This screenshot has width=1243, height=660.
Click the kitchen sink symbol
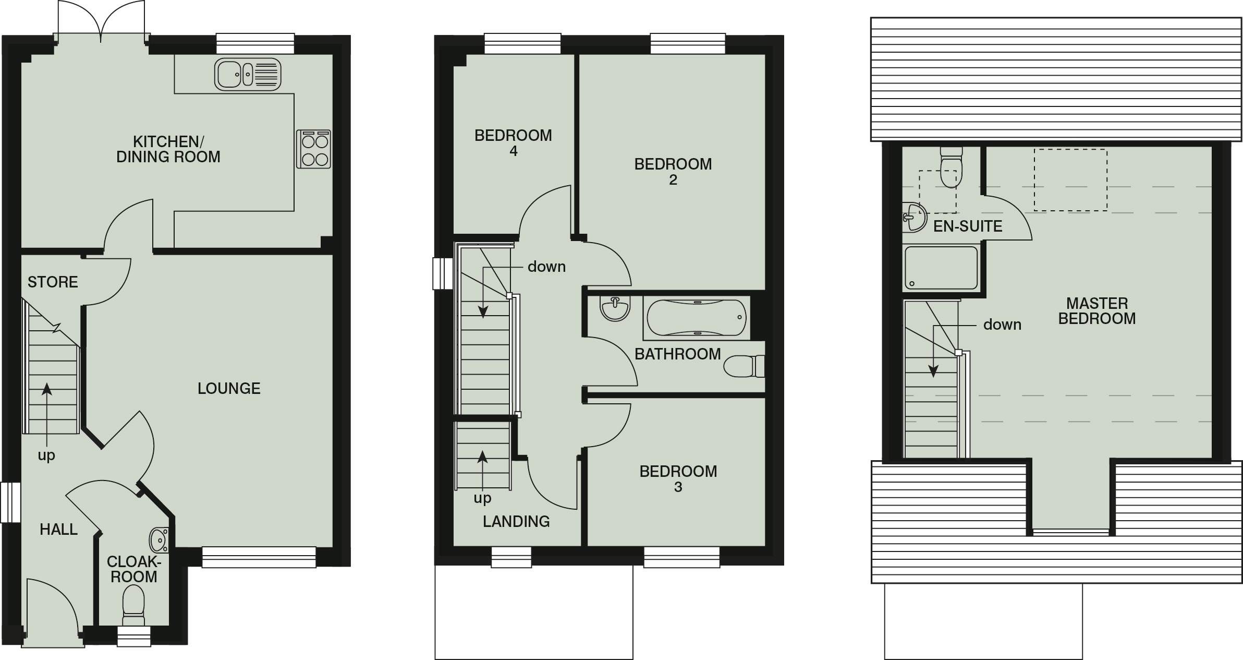pyautogui.click(x=248, y=74)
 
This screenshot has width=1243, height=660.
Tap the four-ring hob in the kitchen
pyautogui.click(x=313, y=149)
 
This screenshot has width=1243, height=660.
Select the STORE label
pyautogui.click(x=53, y=282)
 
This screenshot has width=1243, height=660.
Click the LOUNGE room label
pyautogui.click(x=229, y=388)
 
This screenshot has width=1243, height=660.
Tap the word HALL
pyautogui.click(x=58, y=530)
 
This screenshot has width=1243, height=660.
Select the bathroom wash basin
pyautogui.click(x=615, y=308)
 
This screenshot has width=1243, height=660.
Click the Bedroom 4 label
pyautogui.click(x=513, y=143)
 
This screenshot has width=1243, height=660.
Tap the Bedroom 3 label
pyautogui.click(x=678, y=479)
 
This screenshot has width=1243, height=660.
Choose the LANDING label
pyautogui.click(x=516, y=521)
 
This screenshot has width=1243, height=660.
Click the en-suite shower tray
pyautogui.click(x=941, y=268)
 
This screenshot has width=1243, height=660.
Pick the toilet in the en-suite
pyautogui.click(x=950, y=166)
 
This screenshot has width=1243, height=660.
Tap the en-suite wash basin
pyautogui.click(x=914, y=217)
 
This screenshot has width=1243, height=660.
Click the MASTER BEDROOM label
pyautogui.click(x=1096, y=311)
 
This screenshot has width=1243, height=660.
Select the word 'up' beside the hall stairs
pyautogui.click(x=46, y=455)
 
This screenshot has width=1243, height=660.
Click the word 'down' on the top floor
pyautogui.click(x=1002, y=325)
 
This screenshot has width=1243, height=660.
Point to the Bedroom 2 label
pyautogui.click(x=673, y=172)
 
